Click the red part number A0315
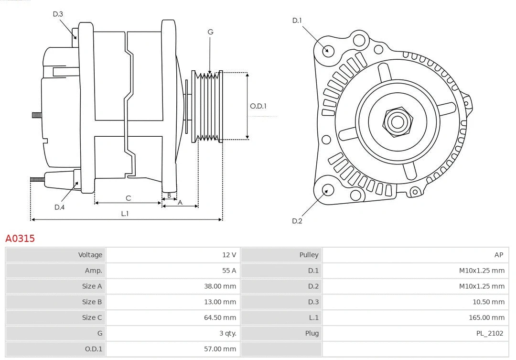coord(20,238)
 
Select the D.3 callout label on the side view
coord(58,14)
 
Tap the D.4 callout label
coord(59,207)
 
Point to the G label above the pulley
coord(210,32)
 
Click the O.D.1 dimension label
coord(258,106)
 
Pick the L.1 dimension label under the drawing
coord(125,214)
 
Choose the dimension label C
coord(128,198)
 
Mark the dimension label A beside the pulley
coord(180,202)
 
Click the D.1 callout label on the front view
coord(297,21)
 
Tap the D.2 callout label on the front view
coord(297,221)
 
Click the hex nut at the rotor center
coord(397,121)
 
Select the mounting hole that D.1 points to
coord(328,50)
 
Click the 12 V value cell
coord(229,255)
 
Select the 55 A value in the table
coord(229,271)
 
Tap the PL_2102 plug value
coord(490,333)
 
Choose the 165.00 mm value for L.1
coord(486,317)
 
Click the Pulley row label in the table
coord(309,255)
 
